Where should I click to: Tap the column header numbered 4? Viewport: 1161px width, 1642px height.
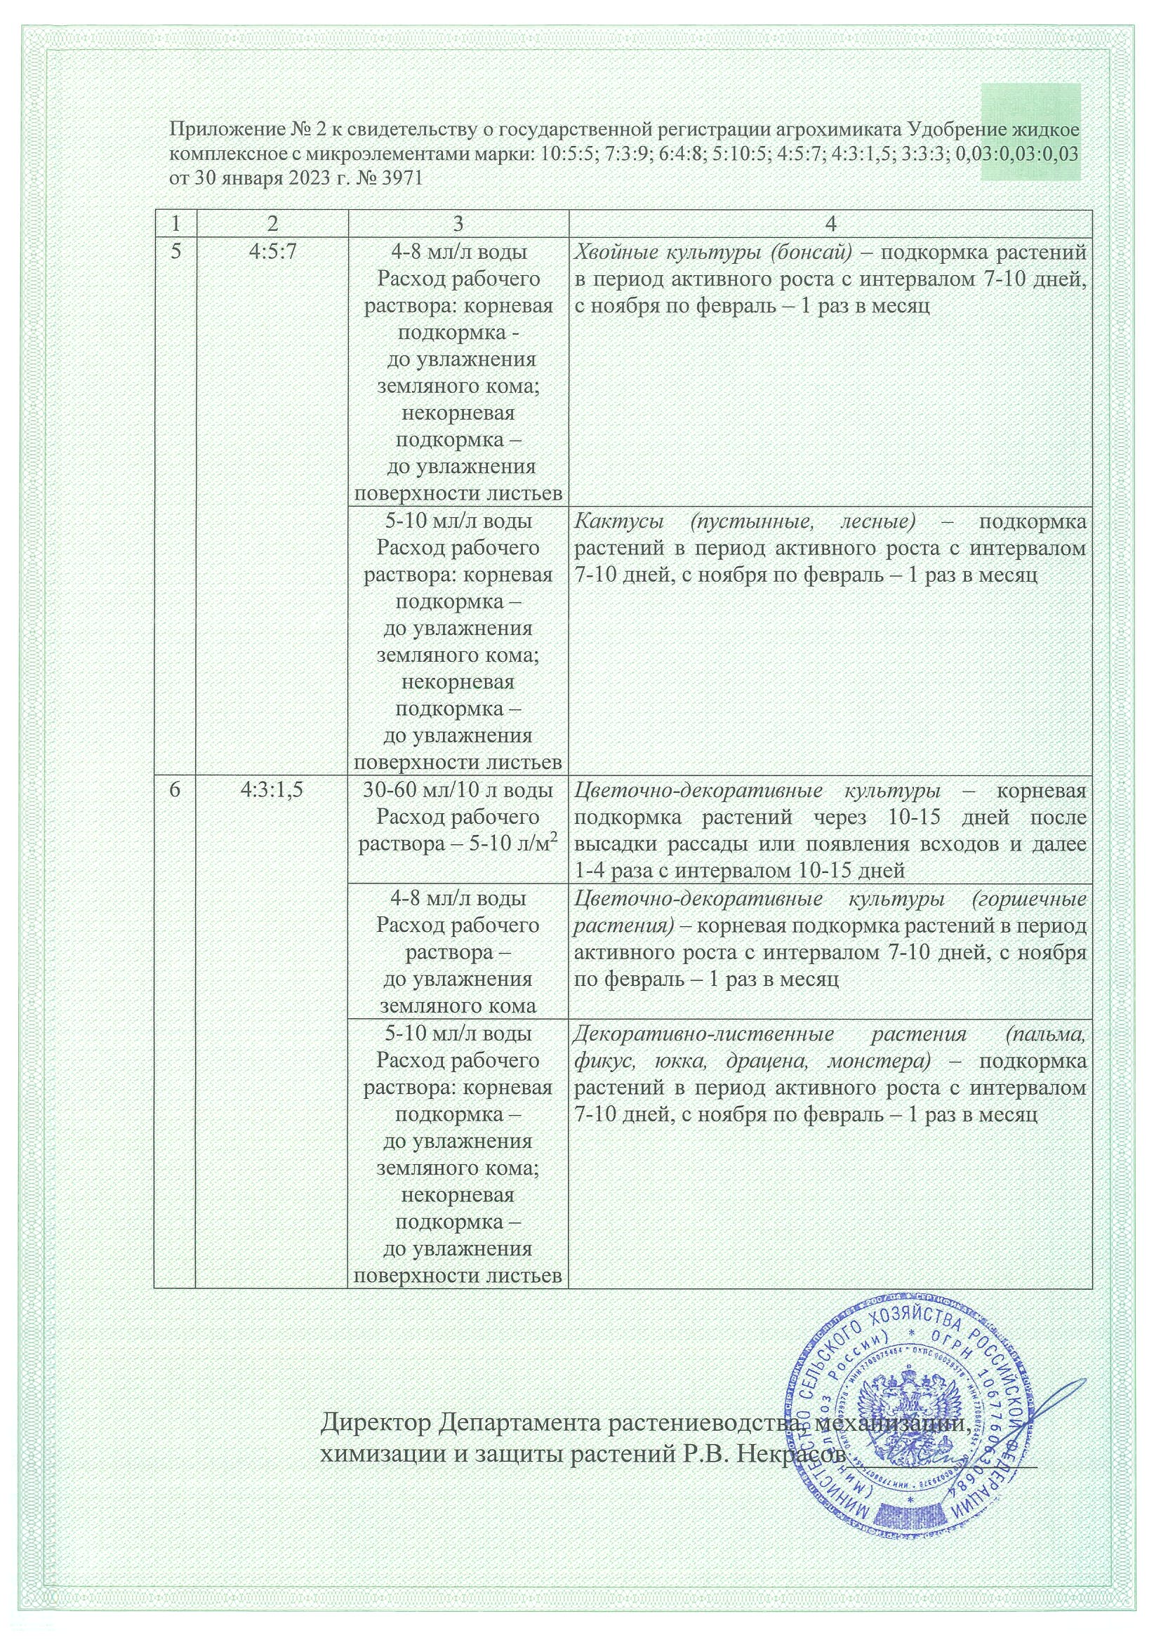click(x=830, y=224)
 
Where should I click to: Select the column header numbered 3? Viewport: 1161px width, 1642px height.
click(x=458, y=224)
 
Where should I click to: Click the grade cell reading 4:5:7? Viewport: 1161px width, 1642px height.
click(x=271, y=253)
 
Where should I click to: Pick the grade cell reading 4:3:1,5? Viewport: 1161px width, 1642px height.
click(x=271, y=791)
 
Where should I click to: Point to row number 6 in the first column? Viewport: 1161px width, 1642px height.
click(x=175, y=791)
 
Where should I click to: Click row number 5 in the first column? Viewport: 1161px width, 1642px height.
click(x=175, y=253)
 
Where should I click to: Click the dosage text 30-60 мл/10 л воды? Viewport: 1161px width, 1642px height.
click(x=458, y=791)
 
